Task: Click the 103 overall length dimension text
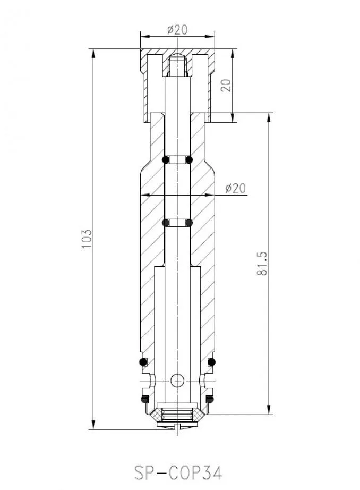tap(87, 239)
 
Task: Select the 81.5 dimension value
tap(262, 263)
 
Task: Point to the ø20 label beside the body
tap(235, 188)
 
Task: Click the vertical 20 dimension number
tap(226, 86)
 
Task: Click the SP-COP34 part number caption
tap(178, 473)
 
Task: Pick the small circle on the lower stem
tap(177, 381)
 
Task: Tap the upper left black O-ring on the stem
tap(166, 159)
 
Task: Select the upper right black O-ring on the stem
tap(189, 159)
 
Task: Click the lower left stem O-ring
tap(166, 223)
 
